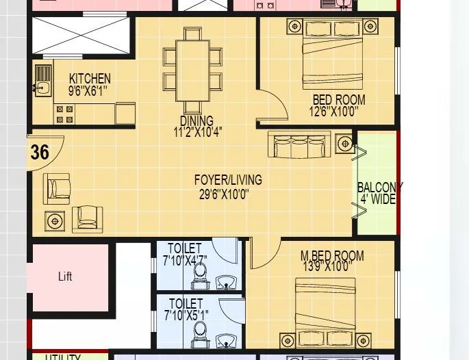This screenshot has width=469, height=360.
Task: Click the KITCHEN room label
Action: [x=90, y=79]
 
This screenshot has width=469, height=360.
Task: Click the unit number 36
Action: [x=40, y=152]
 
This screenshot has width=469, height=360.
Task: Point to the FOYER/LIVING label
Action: [x=228, y=180]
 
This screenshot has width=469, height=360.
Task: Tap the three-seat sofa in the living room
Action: [x=299, y=145]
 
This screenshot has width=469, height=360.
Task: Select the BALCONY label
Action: [x=379, y=188]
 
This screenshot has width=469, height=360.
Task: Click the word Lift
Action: [x=65, y=277]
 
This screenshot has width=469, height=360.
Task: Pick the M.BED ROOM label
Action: [x=332, y=256]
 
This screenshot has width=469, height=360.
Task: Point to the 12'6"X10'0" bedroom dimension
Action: [x=333, y=111]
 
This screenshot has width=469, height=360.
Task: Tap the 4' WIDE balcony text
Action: [x=378, y=200]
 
